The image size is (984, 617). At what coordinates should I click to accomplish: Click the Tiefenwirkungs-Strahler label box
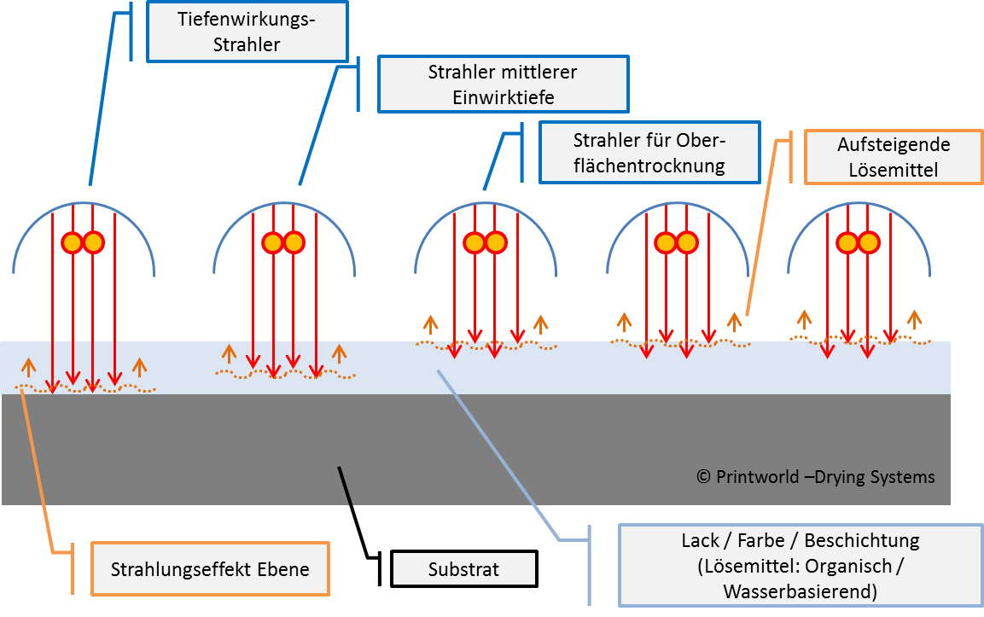pyautogui.click(x=247, y=32)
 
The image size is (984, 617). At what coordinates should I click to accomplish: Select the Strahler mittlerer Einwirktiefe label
pyautogui.click(x=503, y=84)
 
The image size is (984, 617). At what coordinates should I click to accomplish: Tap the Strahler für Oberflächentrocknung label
pyautogui.click(x=649, y=153)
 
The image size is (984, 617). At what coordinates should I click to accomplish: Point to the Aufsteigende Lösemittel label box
pyautogui.click(x=893, y=157)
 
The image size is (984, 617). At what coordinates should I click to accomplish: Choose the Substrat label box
pyautogui.click(x=464, y=569)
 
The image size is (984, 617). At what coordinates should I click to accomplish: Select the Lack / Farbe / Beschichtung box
pyautogui.click(x=800, y=565)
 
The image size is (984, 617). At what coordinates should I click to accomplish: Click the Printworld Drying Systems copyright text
pyautogui.click(x=815, y=477)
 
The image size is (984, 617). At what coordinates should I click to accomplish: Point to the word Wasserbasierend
pyautogui.click(x=800, y=591)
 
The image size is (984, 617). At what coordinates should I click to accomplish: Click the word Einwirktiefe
pyautogui.click(x=503, y=97)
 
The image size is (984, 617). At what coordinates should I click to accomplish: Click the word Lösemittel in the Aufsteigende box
pyautogui.click(x=893, y=170)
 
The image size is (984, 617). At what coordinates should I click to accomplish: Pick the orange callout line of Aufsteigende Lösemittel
pyautogui.click(x=760, y=230)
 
